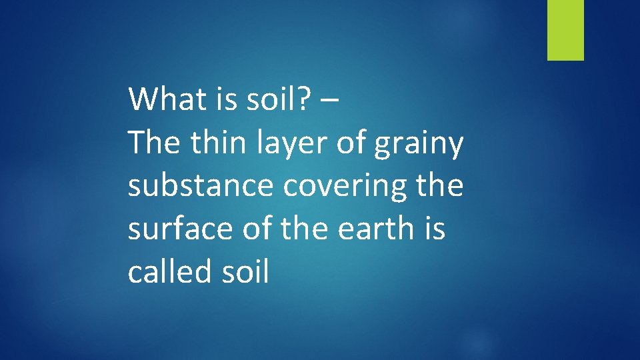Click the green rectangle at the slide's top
(565, 30)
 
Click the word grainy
(419, 145)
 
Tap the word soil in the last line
(245, 271)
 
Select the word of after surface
(260, 228)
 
